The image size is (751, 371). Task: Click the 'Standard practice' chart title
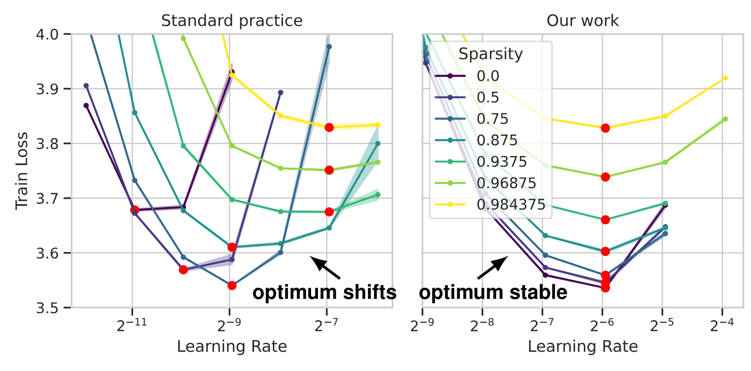[232, 21]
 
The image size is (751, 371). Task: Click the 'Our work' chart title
[583, 21]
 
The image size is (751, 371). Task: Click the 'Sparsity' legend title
[490, 54]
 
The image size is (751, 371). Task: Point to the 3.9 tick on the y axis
[53, 89]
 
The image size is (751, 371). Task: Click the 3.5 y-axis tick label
[53, 308]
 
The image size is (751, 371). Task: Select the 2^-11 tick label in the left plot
[132, 326]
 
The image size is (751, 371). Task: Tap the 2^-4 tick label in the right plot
[722, 326]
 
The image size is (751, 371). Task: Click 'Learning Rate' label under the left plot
[232, 347]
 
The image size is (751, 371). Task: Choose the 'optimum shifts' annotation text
[325, 292]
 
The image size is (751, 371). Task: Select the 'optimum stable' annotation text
[493, 292]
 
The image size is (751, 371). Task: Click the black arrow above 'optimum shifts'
[325, 268]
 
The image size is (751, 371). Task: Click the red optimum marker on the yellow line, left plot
[329, 127]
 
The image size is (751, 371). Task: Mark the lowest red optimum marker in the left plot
[232, 285]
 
